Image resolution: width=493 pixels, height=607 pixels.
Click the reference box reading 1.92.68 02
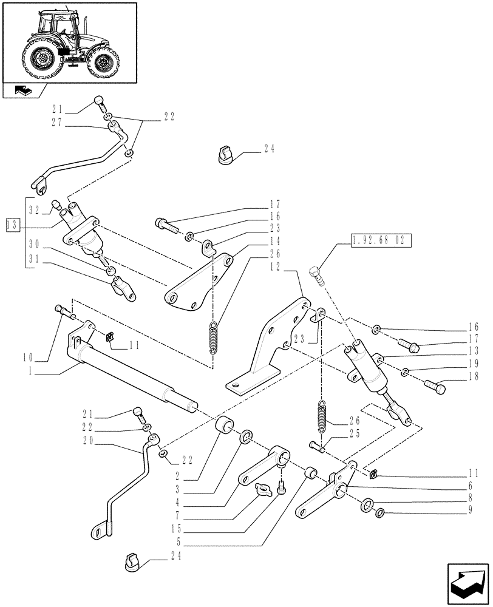coord(378,242)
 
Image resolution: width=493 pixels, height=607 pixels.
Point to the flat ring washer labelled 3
coord(248,436)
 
